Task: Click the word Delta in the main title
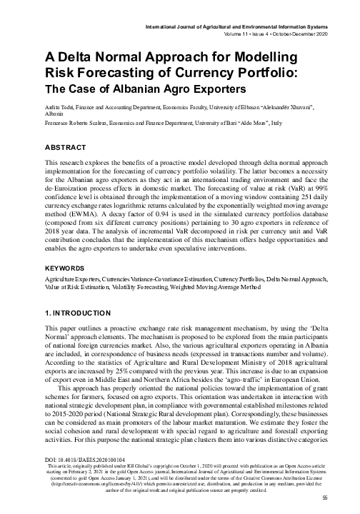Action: (81, 56)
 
